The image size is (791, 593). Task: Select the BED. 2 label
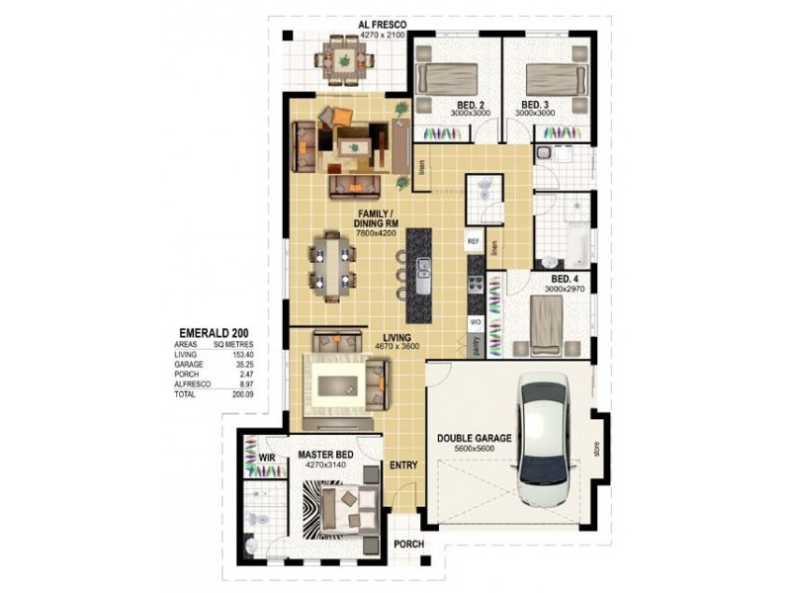(x=469, y=105)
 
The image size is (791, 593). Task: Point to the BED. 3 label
(x=535, y=105)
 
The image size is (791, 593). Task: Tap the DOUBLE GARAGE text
(x=474, y=438)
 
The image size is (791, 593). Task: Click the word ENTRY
(x=402, y=464)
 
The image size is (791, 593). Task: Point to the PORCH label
(x=408, y=545)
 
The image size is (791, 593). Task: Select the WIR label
(x=266, y=458)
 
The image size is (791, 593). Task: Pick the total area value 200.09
(x=240, y=393)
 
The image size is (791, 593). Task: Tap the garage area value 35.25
(x=242, y=364)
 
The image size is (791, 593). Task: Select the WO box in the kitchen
(x=475, y=322)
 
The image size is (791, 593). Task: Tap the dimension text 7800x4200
(x=377, y=233)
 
